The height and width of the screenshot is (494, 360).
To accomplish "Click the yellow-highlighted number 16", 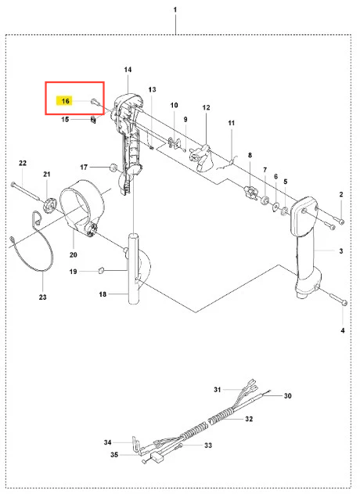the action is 65,101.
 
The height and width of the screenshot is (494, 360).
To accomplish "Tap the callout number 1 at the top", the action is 175,9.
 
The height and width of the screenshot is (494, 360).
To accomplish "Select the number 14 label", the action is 128,70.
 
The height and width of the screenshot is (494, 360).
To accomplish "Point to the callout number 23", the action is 43,297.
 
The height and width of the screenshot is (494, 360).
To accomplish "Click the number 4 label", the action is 343,330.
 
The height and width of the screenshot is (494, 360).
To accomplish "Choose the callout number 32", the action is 249,419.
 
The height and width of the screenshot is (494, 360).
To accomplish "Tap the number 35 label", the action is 114,455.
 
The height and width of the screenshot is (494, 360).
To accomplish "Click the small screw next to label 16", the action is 95,102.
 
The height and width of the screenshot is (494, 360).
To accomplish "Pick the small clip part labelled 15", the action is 93,120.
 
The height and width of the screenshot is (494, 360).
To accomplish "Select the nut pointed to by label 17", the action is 113,168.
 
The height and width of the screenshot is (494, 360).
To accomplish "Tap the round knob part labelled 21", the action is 49,205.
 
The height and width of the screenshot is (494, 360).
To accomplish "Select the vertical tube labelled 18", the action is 133,269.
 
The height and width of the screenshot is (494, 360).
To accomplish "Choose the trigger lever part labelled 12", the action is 201,157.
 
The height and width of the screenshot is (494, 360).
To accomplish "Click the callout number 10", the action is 175,105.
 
